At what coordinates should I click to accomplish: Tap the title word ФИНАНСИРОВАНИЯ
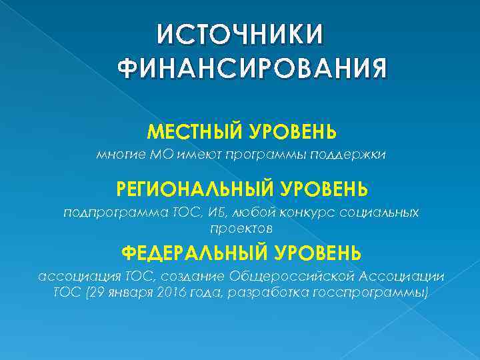click(x=252, y=68)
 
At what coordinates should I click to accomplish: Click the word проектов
click(x=241, y=227)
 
